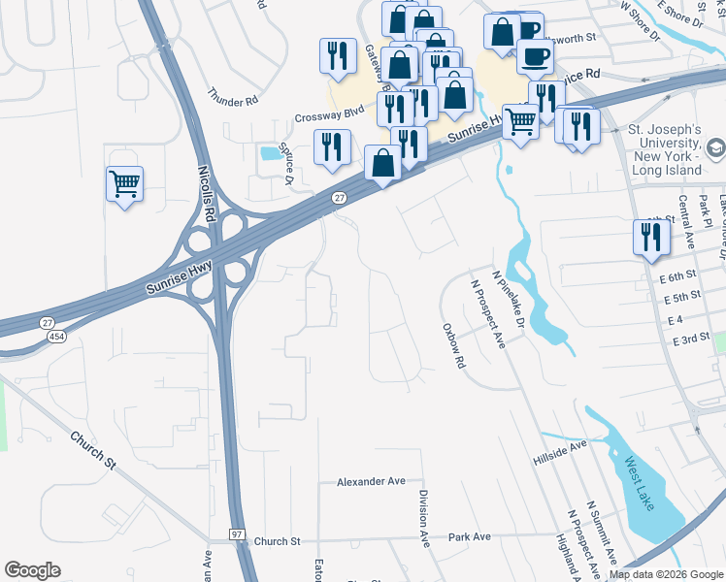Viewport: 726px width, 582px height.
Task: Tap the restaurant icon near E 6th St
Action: [650, 238]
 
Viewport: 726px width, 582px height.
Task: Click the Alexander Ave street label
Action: [371, 481]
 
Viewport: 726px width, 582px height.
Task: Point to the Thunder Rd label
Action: [232, 99]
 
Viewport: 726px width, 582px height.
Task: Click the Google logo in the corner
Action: [32, 570]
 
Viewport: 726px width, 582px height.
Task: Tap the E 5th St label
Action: [686, 297]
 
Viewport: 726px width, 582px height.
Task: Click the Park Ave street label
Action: [469, 536]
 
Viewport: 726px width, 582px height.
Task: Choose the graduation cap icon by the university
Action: [715, 147]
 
